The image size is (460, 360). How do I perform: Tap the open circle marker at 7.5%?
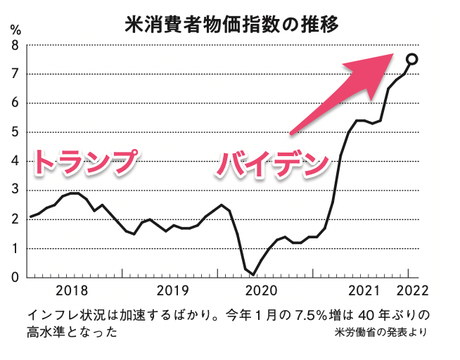point(413,59)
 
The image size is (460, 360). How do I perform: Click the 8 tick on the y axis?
point(15,45)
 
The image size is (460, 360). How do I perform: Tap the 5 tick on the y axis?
point(15,132)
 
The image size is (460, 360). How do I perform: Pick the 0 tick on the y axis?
point(15,277)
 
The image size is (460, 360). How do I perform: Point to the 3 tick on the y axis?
point(15,190)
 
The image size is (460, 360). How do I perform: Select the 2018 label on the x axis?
point(72,290)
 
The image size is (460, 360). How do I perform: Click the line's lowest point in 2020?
point(253,274)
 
